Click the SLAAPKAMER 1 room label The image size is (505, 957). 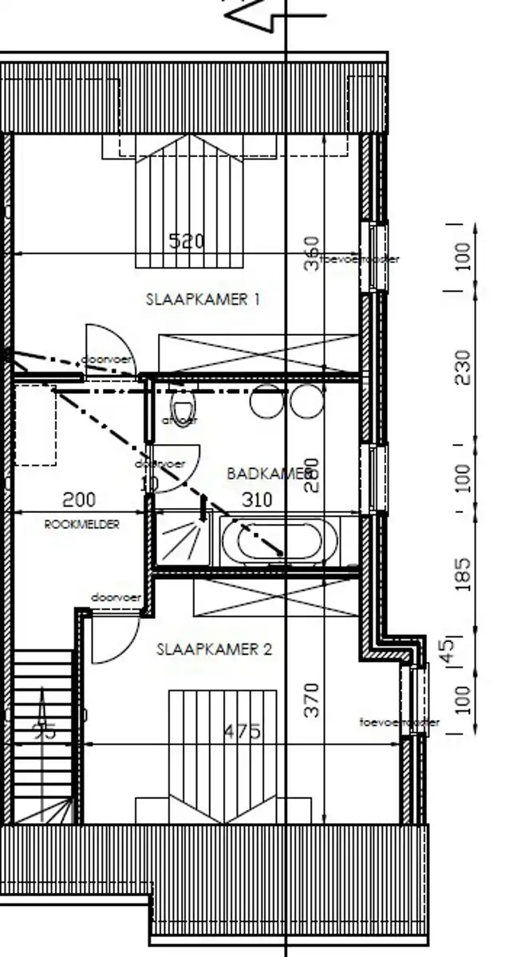click(203, 300)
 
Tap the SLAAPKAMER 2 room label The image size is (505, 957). click(214, 649)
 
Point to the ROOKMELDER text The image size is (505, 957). click(81, 524)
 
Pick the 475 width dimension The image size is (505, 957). click(242, 731)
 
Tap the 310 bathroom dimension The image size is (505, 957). click(256, 500)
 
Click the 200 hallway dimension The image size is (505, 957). click(79, 500)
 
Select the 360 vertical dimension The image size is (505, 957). click(312, 253)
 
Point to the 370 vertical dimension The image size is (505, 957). click(312, 699)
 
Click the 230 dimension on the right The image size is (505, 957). click(463, 368)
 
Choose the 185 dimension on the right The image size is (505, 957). click(463, 574)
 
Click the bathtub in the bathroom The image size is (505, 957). click(273, 541)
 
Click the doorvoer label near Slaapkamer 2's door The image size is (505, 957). click(116, 597)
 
